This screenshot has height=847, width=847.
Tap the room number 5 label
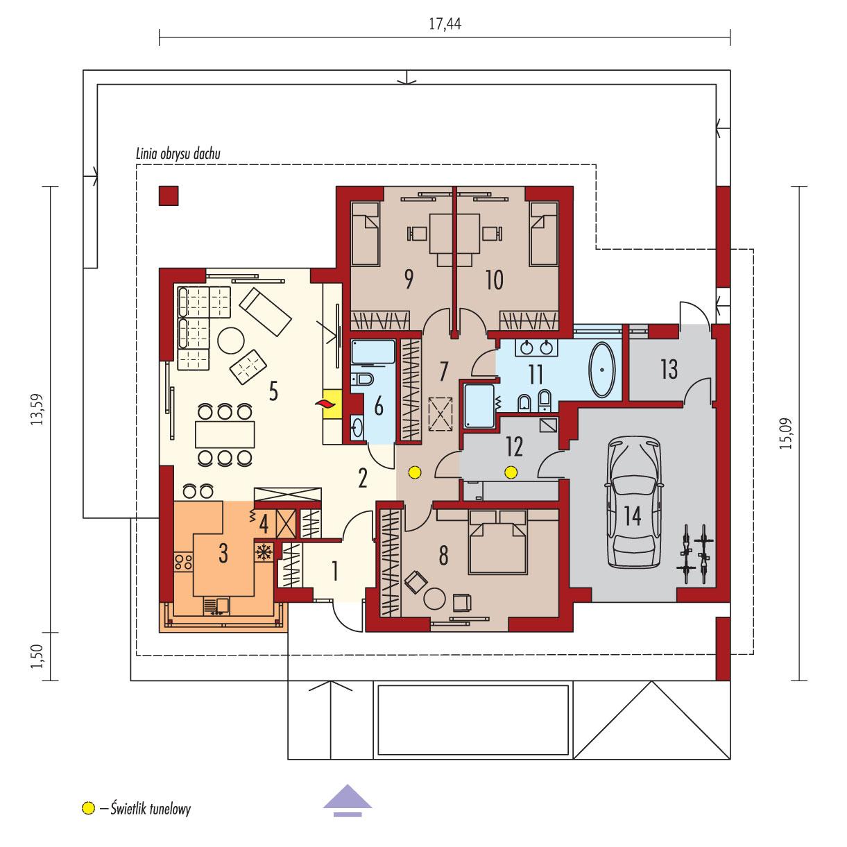point(273,392)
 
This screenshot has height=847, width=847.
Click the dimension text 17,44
point(445,25)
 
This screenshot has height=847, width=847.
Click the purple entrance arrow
point(348,797)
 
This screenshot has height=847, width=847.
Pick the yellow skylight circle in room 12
point(511,473)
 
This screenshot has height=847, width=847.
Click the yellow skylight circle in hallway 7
point(414,473)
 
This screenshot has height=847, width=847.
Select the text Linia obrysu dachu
point(178,154)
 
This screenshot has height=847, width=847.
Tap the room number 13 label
point(667,370)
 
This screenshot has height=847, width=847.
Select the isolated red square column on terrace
point(169,196)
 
